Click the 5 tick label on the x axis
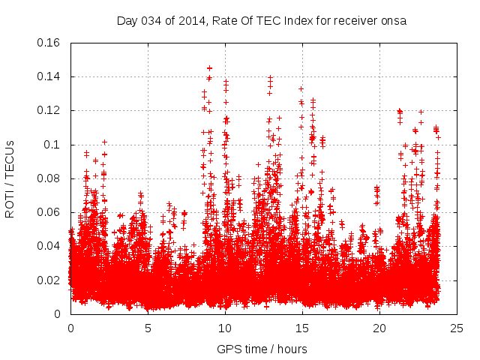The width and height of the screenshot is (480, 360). click(148, 328)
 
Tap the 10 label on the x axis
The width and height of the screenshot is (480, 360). click(225, 328)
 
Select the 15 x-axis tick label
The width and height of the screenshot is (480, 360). click(302, 328)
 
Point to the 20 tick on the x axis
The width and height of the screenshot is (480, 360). click(379, 328)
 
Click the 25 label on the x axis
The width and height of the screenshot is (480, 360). click(457, 328)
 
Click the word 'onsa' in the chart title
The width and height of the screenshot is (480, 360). click(394, 20)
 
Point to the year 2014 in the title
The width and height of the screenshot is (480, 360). click(190, 20)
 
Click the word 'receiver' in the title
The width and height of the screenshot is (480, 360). click(355, 20)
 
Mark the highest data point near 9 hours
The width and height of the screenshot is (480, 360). click(209, 68)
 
